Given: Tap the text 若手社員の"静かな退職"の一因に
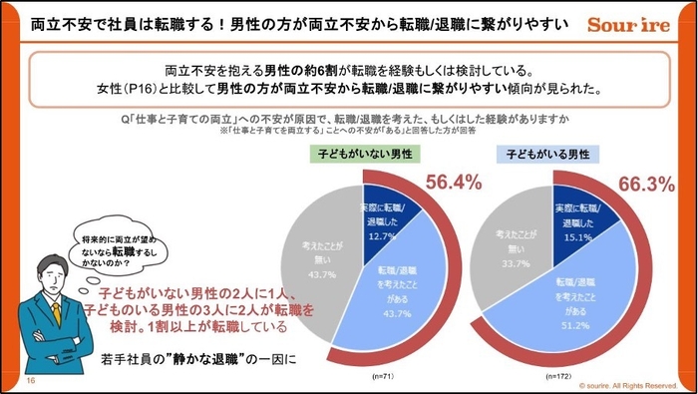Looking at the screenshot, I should [199, 359].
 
